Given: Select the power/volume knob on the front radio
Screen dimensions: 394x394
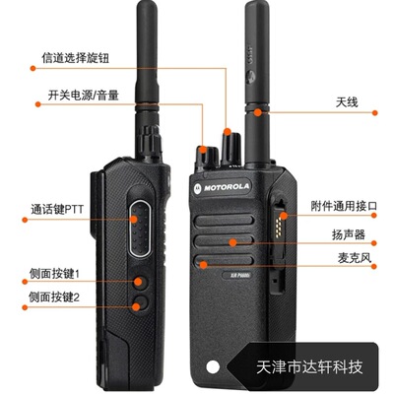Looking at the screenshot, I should coord(207,155).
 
